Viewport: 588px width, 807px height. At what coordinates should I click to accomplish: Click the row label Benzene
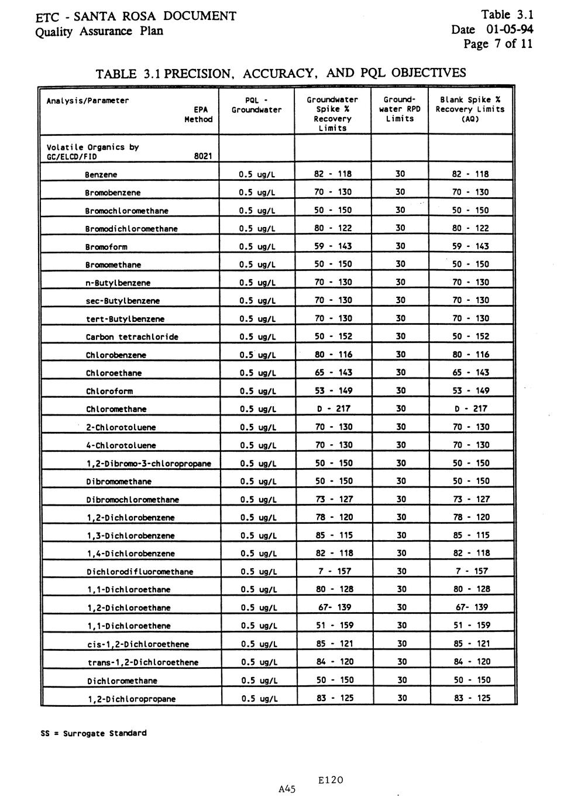click(101, 174)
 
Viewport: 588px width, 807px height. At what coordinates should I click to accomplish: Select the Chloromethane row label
click(116, 409)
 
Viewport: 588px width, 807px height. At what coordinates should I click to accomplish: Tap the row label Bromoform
click(106, 247)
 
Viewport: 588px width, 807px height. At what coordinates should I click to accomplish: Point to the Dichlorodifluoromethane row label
click(140, 572)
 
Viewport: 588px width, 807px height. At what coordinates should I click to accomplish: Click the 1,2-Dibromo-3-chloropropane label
click(149, 463)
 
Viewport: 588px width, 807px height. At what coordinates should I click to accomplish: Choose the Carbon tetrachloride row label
click(132, 337)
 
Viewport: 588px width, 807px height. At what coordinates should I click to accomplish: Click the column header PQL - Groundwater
click(256, 105)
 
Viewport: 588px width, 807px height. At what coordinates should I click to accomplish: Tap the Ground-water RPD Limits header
click(400, 109)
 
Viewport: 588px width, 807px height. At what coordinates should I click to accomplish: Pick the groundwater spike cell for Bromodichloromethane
click(333, 228)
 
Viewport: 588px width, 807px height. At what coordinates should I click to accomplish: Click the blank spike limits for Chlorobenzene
click(470, 355)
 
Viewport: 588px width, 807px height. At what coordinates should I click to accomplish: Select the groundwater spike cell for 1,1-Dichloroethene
click(335, 626)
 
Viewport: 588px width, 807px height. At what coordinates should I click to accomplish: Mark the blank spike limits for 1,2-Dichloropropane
click(472, 698)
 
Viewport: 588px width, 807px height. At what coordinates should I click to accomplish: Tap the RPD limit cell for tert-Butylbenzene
click(400, 318)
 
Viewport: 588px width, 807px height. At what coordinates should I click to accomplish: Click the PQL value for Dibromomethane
click(259, 482)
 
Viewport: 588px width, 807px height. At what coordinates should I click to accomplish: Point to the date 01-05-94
click(509, 29)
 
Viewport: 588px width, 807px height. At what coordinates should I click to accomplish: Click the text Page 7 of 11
click(498, 44)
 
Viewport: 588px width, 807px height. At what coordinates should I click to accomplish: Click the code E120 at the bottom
click(331, 780)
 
